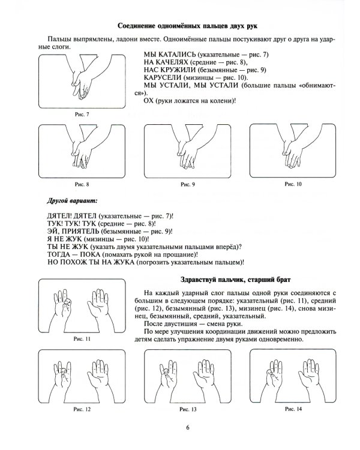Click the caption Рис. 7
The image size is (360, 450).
(x=82, y=114)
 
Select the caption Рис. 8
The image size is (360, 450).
(x=82, y=184)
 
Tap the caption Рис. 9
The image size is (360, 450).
(x=188, y=184)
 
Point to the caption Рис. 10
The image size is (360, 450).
(x=293, y=184)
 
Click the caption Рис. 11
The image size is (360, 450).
(x=82, y=339)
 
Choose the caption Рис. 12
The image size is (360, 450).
(x=82, y=409)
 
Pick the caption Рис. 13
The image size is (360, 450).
(x=188, y=409)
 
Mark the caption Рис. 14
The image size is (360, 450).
(x=293, y=409)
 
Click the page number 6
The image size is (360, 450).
(x=188, y=427)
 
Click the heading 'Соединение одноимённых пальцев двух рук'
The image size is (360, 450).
(x=187, y=26)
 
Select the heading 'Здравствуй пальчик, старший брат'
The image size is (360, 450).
(x=235, y=280)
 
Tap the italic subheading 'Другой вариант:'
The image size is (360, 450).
(x=72, y=201)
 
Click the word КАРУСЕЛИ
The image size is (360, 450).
(x=163, y=77)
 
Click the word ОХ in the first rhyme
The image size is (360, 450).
(x=148, y=101)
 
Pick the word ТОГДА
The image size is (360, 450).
(x=59, y=254)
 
